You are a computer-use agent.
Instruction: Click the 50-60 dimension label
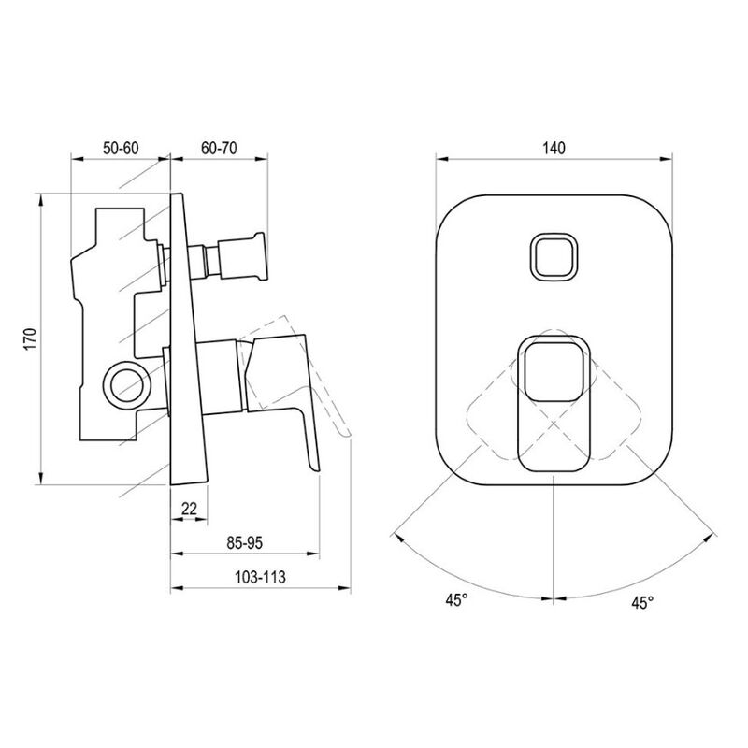(121, 148)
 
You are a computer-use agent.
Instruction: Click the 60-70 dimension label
(219, 148)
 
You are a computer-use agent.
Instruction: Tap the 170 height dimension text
(30, 339)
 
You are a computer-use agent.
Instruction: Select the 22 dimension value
(189, 509)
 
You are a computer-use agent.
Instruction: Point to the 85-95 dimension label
(245, 543)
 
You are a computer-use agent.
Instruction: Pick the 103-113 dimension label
(260, 577)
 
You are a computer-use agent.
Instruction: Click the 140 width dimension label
(554, 148)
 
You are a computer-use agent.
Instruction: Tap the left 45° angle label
(456, 600)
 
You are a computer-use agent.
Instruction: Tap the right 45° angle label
(642, 602)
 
